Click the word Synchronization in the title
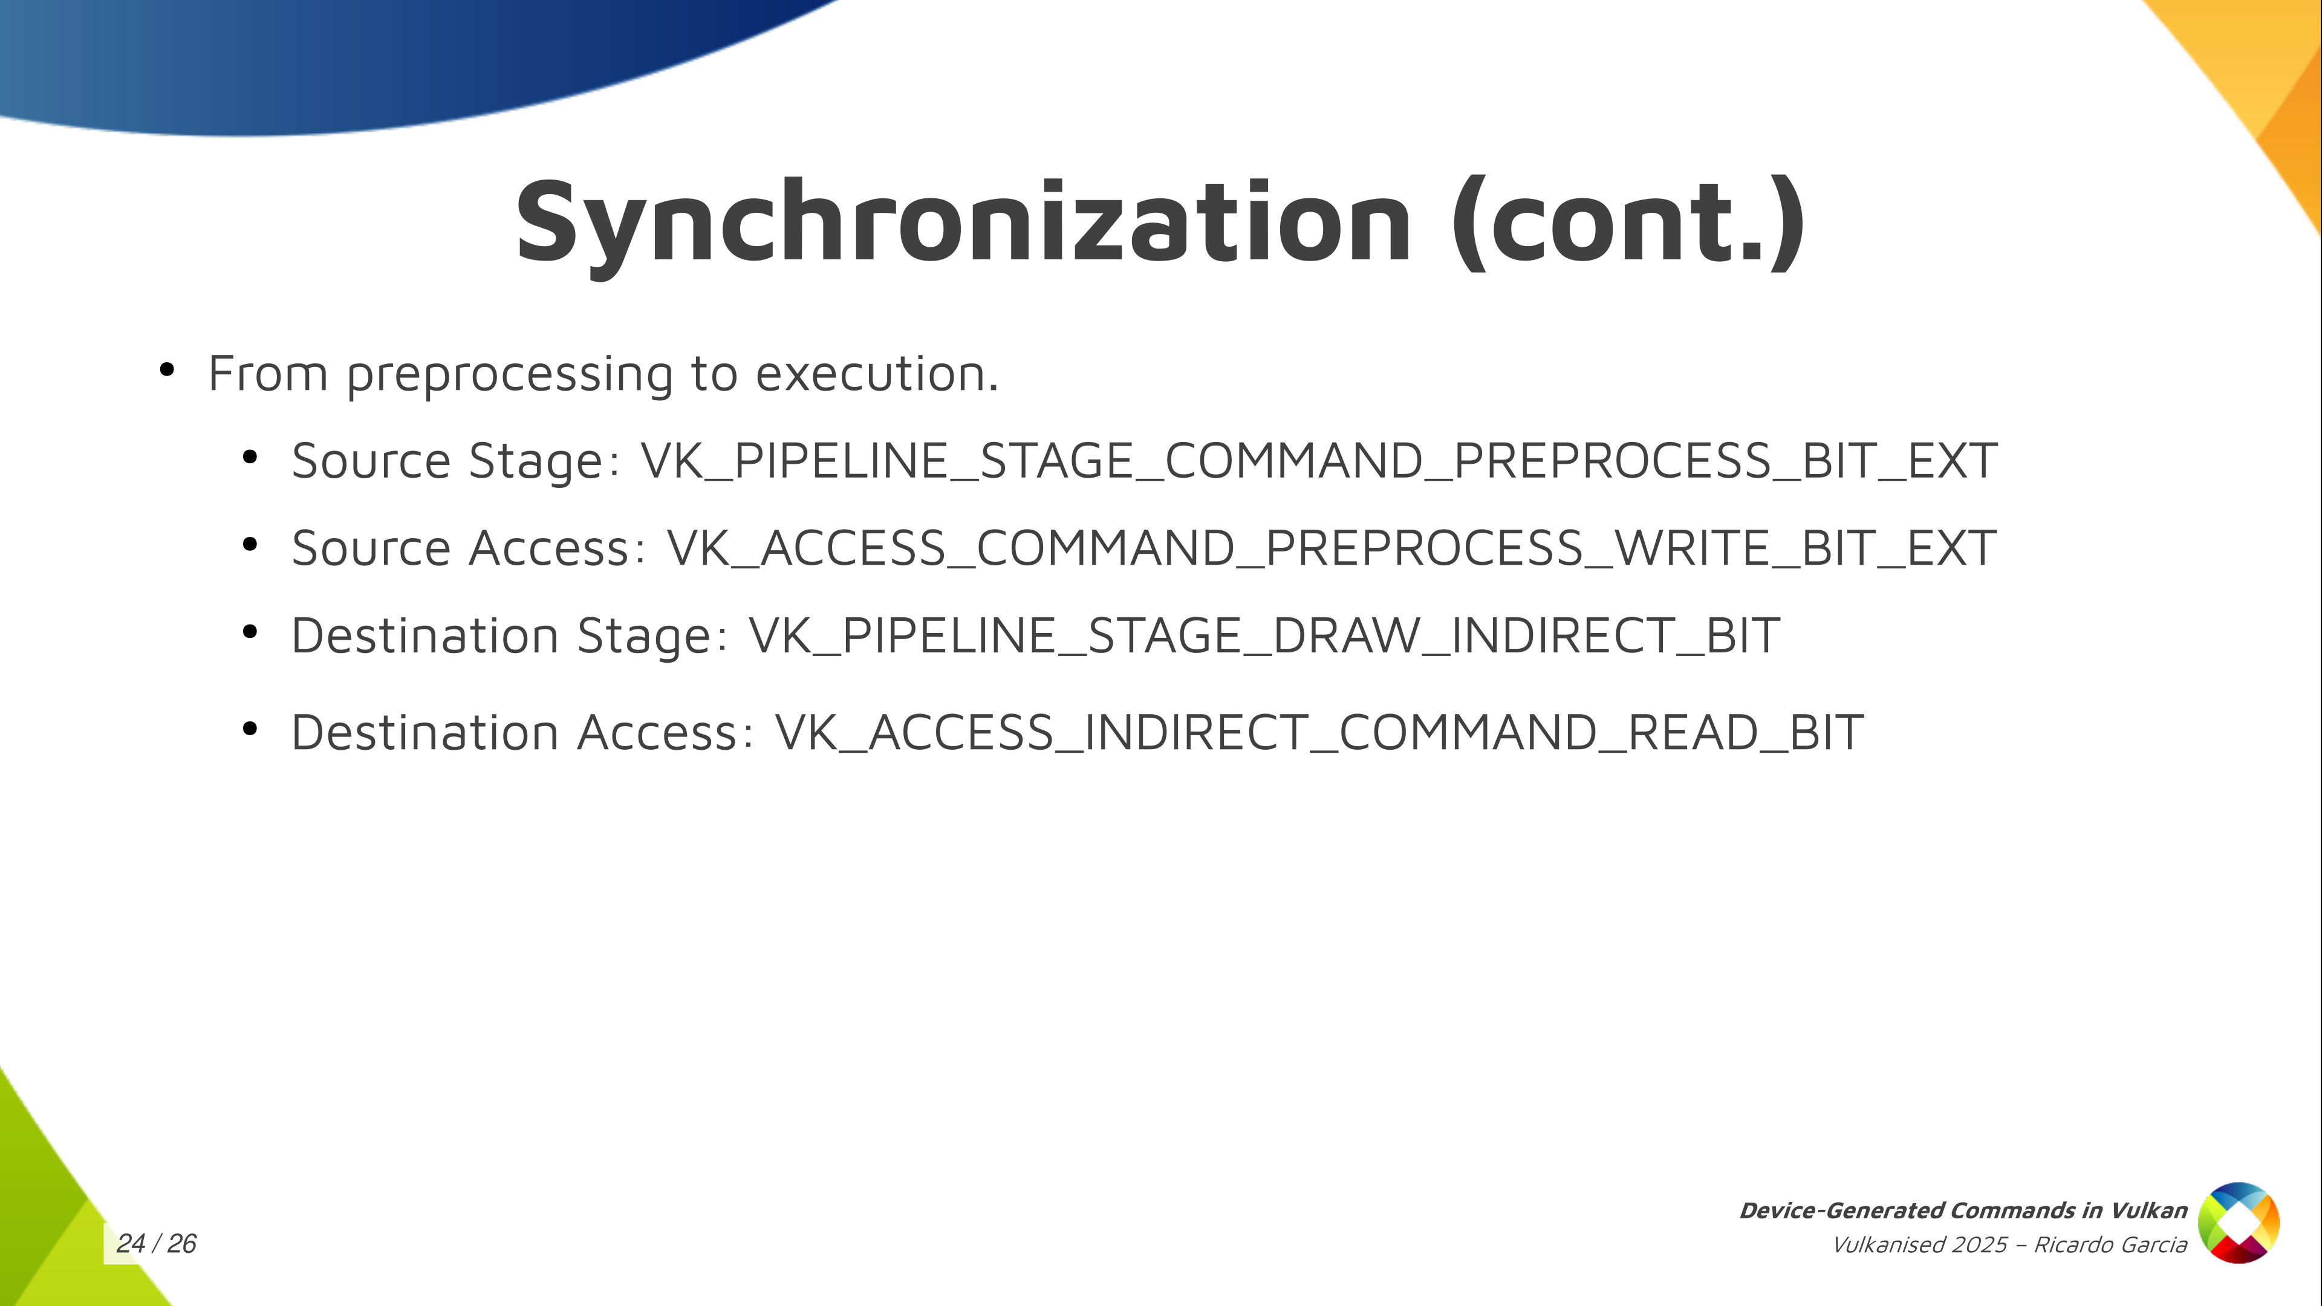click(x=963, y=224)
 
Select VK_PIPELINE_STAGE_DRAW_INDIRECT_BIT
click(x=1264, y=636)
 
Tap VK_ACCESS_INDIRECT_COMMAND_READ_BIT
click(x=1319, y=733)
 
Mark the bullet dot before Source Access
click(x=250, y=544)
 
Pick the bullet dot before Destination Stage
click(x=250, y=632)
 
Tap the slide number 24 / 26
click(x=157, y=1244)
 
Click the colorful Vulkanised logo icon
click(x=2239, y=1223)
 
